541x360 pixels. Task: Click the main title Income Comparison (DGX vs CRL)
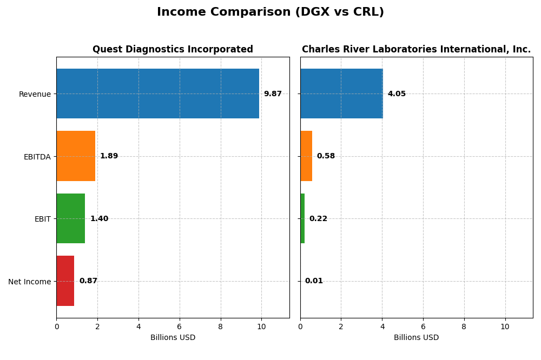270,12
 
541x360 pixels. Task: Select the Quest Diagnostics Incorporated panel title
173,49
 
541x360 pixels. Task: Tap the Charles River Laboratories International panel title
416,49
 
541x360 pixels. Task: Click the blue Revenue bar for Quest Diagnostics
157,94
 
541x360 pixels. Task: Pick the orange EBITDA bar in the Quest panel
76,156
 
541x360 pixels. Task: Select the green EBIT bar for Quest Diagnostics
70,218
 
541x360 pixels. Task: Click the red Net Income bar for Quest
65,281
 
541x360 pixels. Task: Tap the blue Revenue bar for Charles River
341,94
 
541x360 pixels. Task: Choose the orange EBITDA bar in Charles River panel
306,156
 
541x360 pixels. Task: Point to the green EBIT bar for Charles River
302,218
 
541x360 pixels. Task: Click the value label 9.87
273,94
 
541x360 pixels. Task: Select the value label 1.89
109,156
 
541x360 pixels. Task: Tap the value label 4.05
397,94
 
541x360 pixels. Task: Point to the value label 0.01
314,281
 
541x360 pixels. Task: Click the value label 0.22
318,219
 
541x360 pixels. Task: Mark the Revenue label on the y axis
35,94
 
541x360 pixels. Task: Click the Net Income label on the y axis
29,282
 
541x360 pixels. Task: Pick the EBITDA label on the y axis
37,157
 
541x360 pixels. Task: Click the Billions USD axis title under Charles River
416,338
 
